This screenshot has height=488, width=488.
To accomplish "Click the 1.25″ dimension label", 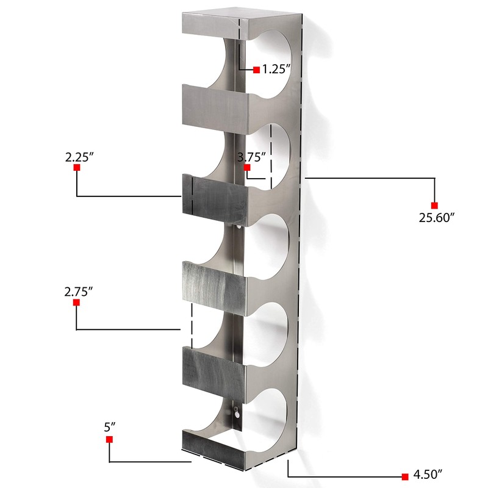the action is (x=276, y=69).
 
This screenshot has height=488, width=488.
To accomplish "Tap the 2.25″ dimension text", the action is (x=79, y=157).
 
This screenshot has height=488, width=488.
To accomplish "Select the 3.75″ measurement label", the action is (x=251, y=157).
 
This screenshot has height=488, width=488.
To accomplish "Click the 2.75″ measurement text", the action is (x=79, y=292).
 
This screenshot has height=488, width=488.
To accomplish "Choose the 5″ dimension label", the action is (x=110, y=427).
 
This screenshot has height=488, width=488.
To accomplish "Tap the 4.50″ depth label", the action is (x=428, y=475).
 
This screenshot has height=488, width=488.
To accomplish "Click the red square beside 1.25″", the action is (x=256, y=70).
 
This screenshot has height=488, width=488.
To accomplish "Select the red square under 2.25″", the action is (x=77, y=167).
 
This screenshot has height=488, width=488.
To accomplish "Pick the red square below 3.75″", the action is (x=247, y=167).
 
